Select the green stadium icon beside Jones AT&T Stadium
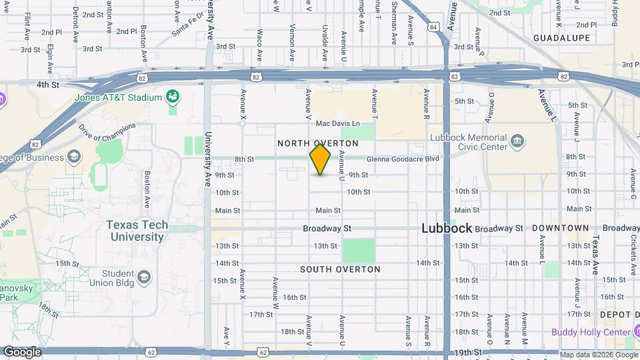[173, 97]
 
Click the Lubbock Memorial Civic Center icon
[517, 141]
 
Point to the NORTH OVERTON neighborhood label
[318, 143]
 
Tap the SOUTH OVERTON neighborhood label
[340, 269]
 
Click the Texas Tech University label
[137, 231]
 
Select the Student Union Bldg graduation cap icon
[144, 276]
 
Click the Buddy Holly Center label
[591, 332]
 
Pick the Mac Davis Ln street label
[337, 123]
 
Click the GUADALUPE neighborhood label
[561, 38]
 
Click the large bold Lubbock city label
[447, 228]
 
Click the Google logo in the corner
[22, 351]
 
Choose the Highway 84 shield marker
[434, 27]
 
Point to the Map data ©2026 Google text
[598, 354]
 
